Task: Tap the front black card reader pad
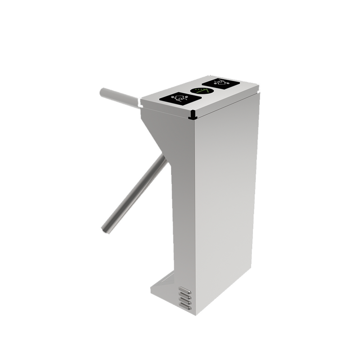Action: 176,98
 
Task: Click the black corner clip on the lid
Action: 193,115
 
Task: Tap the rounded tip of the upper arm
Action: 103,92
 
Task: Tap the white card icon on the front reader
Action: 178,97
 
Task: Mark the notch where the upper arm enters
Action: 141,105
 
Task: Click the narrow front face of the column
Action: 183,203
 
